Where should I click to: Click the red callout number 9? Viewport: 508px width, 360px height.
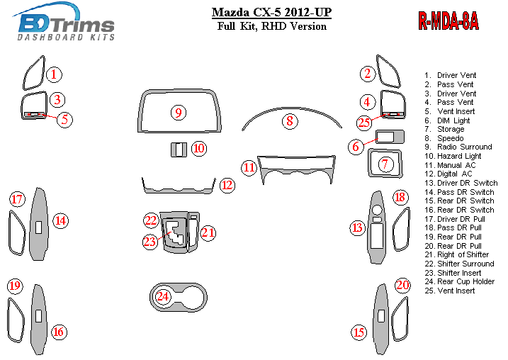[x=178, y=113]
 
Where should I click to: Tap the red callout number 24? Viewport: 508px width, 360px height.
[x=163, y=296]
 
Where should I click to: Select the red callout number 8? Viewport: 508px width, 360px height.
[x=289, y=121]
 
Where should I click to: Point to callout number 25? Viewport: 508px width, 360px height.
[x=364, y=123]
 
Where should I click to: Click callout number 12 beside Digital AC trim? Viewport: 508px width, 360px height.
[x=227, y=185]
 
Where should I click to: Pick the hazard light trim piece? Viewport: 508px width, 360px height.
[x=179, y=150]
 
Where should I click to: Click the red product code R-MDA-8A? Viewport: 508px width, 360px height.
[x=448, y=21]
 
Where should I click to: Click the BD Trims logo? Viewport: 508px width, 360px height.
[x=64, y=22]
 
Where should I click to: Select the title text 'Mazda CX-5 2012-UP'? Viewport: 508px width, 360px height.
[x=271, y=12]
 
